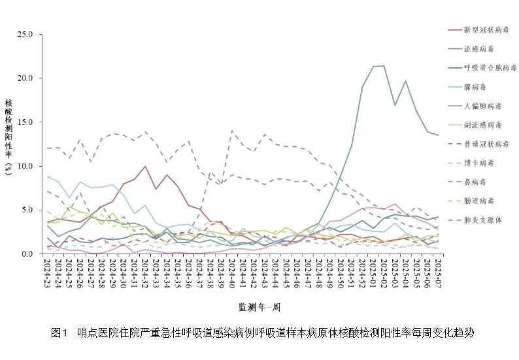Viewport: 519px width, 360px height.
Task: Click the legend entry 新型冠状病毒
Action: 485,30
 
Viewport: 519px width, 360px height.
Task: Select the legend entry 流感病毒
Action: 480,49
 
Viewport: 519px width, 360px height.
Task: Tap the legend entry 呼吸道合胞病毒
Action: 489,68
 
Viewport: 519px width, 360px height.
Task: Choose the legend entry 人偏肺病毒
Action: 482,106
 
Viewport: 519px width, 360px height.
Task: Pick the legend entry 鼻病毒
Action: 475,182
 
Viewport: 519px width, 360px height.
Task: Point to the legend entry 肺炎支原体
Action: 482,220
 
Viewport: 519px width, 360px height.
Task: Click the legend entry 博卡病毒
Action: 480,163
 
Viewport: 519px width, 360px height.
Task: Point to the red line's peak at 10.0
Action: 145,166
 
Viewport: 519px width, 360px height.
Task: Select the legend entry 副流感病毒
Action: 482,125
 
